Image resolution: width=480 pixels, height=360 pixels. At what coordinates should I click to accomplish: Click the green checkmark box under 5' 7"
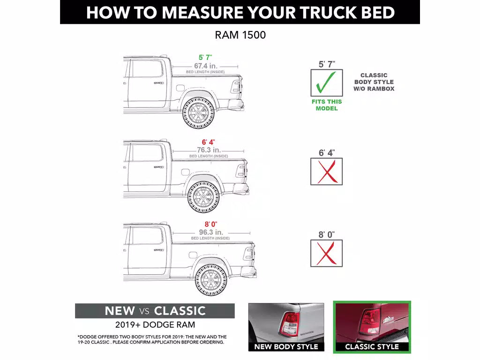point(327,83)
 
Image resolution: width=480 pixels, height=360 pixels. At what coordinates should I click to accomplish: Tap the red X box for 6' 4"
point(327,171)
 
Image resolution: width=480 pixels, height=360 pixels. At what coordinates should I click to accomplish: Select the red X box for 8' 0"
point(327,253)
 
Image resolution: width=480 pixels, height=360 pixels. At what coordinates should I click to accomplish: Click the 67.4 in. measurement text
point(205,66)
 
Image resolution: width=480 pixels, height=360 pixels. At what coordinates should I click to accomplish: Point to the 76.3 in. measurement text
point(209,150)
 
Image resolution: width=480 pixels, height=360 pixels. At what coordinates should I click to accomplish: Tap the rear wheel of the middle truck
point(203,197)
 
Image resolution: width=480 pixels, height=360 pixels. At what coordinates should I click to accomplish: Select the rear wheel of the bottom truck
point(211,280)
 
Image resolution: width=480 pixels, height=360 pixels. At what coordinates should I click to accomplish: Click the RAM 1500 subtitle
point(240,35)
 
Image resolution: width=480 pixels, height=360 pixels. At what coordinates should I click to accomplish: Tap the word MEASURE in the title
point(201,13)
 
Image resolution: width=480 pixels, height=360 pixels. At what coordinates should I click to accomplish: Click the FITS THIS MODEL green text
point(327,105)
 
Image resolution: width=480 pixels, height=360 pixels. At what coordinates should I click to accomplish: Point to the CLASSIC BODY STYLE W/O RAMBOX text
point(374,82)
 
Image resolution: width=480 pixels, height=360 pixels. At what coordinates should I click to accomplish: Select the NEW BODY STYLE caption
point(286,347)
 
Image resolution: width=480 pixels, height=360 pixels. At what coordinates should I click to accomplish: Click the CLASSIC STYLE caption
point(372,347)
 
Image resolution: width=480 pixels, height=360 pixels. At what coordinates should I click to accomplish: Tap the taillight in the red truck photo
point(369,322)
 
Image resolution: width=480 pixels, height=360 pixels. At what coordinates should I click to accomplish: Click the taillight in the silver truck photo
point(289,323)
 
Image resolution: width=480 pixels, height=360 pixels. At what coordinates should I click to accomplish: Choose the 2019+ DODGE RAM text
point(155,324)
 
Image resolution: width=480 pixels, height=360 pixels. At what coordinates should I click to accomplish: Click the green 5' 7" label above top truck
point(205,57)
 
